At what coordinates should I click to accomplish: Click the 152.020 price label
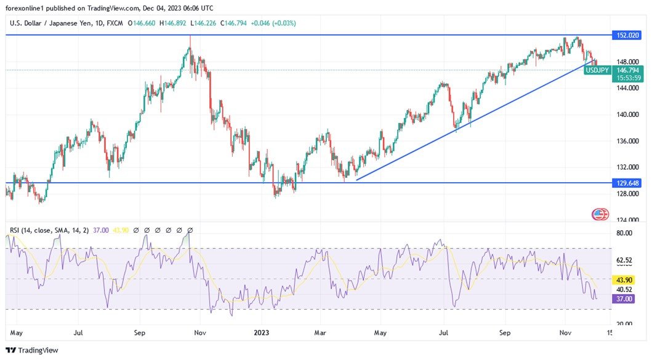[x=626, y=35]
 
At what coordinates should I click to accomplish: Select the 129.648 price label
[x=626, y=183]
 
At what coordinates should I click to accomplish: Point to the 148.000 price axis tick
[x=627, y=62]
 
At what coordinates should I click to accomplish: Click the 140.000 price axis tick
[x=627, y=114]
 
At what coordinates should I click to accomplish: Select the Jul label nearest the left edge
[x=78, y=332]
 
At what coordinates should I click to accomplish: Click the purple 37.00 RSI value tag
[x=624, y=298]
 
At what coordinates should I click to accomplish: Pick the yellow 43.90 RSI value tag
[x=624, y=279]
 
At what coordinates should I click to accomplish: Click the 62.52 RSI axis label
[x=624, y=260]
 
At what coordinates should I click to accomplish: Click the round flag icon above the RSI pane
[x=600, y=215]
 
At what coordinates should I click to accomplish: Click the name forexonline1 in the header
[x=27, y=8]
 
